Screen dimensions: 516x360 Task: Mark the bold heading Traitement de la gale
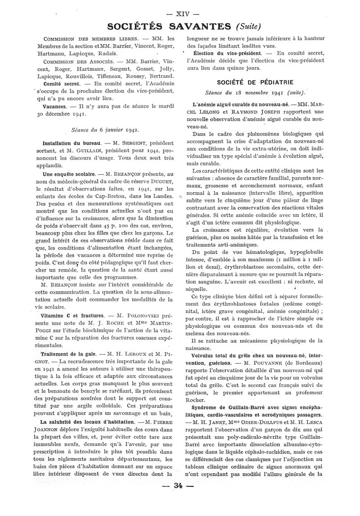pos(68,353)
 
